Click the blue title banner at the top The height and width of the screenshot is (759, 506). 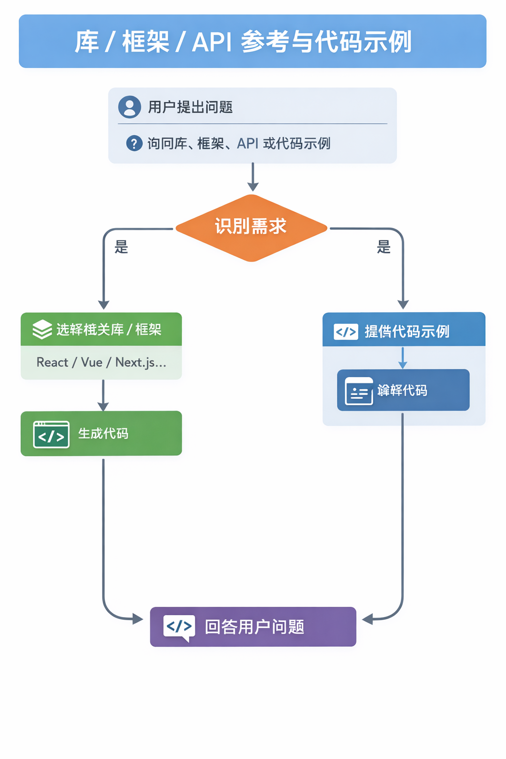(x=253, y=42)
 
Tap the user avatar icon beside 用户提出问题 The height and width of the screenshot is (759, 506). (x=129, y=107)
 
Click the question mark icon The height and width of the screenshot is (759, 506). (x=134, y=143)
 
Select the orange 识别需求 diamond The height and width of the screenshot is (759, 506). (x=251, y=228)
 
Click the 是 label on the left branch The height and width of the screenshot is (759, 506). (x=122, y=247)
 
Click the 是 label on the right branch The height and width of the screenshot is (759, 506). (x=384, y=247)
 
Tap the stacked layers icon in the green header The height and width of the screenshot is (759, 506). (x=42, y=330)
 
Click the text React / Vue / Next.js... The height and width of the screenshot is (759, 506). (x=101, y=362)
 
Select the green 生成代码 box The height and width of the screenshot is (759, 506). (x=101, y=433)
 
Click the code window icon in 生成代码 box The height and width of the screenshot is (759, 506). (x=51, y=434)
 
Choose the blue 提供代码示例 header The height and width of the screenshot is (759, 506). (x=404, y=330)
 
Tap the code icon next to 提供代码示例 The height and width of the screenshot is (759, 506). (x=346, y=332)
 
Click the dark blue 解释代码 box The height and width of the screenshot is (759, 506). (x=403, y=390)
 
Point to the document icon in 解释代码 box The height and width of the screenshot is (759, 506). (x=359, y=391)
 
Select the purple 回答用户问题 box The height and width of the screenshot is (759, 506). (x=253, y=627)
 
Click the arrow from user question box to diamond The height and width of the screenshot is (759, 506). (x=253, y=177)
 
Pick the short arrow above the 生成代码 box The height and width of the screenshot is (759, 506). (x=103, y=395)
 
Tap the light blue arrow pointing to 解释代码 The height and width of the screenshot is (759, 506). (x=403, y=358)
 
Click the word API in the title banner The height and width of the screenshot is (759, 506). (x=211, y=42)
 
